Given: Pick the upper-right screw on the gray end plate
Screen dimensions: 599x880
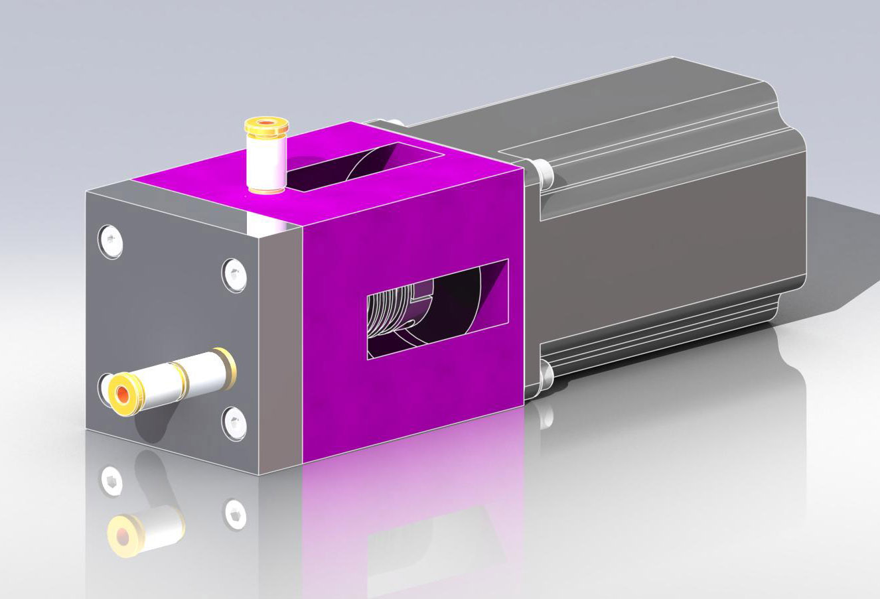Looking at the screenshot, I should (234, 274).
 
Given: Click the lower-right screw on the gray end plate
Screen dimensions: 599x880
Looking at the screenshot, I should (234, 422).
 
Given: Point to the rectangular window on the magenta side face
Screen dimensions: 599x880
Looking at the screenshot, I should (437, 309).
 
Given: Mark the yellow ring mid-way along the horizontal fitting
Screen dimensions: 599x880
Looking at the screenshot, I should (181, 377).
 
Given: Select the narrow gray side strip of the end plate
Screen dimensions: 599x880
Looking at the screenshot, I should (279, 345).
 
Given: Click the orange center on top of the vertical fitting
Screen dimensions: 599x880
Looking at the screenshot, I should (266, 123).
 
